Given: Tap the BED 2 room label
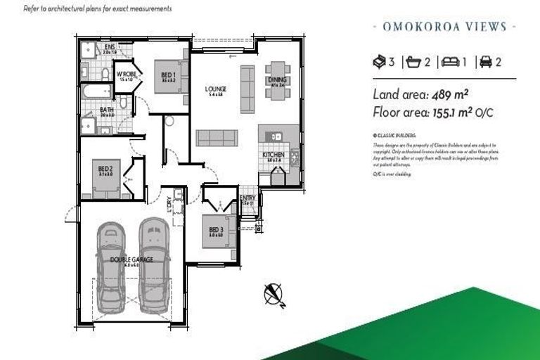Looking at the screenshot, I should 105,169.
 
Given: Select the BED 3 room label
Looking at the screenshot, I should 216,230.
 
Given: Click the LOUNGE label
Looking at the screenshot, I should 214,89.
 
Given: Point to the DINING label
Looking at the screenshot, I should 276,79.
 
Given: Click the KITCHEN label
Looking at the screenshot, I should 273,154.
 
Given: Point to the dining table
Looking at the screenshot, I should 276,81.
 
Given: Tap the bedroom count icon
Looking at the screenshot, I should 381,62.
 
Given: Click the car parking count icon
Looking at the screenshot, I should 486,62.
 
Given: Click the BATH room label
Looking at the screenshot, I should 106,110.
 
